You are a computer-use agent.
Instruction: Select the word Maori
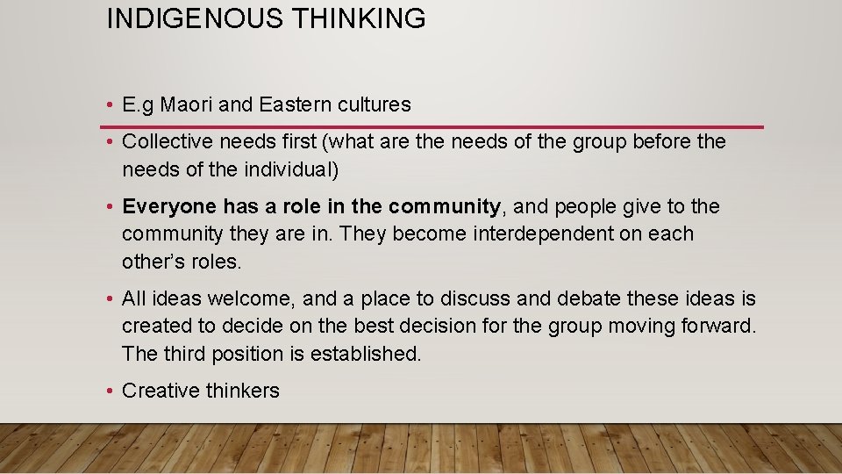(186, 104)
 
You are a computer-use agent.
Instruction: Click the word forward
(718, 326)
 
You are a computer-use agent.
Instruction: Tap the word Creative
(161, 391)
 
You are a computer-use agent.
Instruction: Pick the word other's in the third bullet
(151, 261)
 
